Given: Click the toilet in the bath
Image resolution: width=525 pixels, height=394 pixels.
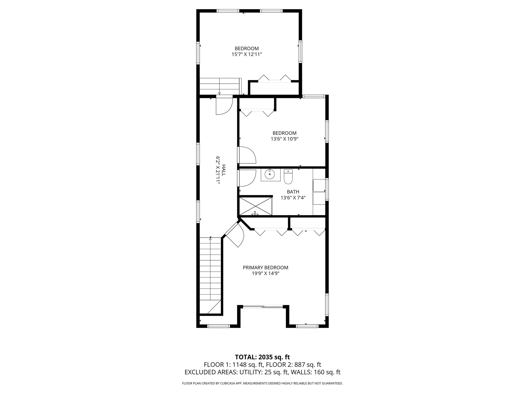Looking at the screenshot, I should (288, 177).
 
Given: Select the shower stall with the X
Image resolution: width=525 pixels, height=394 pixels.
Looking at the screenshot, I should (255, 206).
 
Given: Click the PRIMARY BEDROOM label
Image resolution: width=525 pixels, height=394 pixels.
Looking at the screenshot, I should (265, 268).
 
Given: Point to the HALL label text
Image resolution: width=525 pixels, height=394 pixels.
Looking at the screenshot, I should (224, 170).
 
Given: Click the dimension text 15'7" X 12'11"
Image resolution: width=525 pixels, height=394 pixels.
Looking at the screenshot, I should (247, 54).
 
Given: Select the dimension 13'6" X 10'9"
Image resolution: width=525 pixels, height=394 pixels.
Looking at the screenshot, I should (284, 139).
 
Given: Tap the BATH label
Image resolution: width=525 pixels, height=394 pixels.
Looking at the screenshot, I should (293, 192).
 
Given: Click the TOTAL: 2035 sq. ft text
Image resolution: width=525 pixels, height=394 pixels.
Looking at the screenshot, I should (262, 357).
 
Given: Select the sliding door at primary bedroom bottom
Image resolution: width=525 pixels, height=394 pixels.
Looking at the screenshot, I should (263, 306).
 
